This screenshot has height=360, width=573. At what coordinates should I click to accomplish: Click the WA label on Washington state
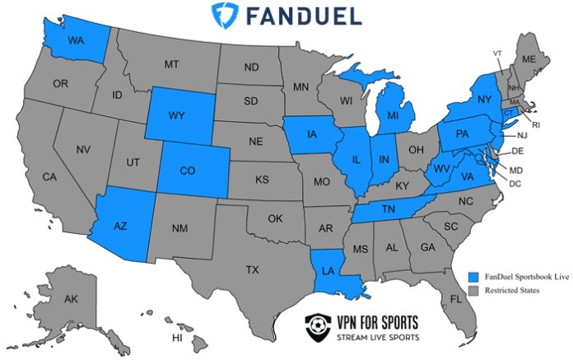pyautogui.click(x=75, y=40)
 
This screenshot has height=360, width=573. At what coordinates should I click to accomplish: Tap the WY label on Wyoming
pyautogui.click(x=175, y=115)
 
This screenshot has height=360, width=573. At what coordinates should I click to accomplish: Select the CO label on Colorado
pyautogui.click(x=187, y=171)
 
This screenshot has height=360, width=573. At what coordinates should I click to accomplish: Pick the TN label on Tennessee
pyautogui.click(x=389, y=210)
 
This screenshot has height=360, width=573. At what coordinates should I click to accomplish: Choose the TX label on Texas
pyautogui.click(x=252, y=269)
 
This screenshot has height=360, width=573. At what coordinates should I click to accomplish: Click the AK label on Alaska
pyautogui.click(x=71, y=299)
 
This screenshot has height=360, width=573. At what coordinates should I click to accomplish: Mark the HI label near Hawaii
pyautogui.click(x=176, y=338)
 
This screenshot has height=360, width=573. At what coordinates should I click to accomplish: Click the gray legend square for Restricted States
pyautogui.click(x=473, y=292)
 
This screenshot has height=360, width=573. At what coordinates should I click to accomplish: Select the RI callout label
pyautogui.click(x=535, y=125)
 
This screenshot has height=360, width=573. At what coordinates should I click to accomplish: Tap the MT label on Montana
pyautogui.click(x=171, y=64)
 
